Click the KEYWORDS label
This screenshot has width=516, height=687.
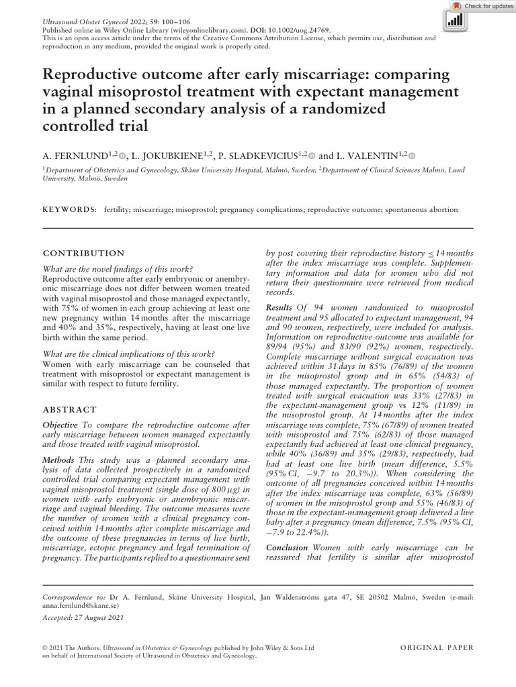click(x=69, y=209)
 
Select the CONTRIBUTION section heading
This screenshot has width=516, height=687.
click(x=83, y=254)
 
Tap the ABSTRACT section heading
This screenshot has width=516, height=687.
click(x=70, y=409)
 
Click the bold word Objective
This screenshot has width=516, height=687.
click(x=60, y=425)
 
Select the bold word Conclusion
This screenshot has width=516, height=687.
click(x=287, y=547)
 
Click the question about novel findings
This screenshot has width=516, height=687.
click(x=118, y=268)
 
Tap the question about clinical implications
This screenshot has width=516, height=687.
click(x=128, y=354)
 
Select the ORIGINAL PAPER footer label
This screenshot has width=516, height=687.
click(x=437, y=647)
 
